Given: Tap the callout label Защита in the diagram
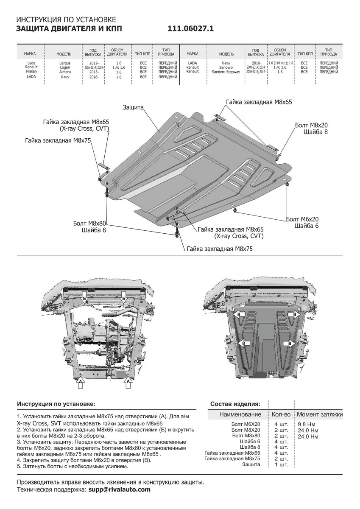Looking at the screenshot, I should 133,108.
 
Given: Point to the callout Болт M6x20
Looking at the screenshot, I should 302,219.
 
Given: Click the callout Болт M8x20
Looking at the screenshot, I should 312,125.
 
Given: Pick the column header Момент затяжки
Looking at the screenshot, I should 319,414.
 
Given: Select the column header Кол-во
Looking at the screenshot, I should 281,414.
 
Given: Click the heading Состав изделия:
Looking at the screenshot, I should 235,403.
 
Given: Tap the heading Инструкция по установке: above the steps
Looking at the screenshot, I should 56,403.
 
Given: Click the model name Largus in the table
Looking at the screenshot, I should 65,63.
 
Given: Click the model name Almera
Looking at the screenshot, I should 65,72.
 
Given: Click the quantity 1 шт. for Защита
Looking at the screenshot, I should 281,464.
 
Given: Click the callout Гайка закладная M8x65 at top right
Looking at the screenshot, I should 259,102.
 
